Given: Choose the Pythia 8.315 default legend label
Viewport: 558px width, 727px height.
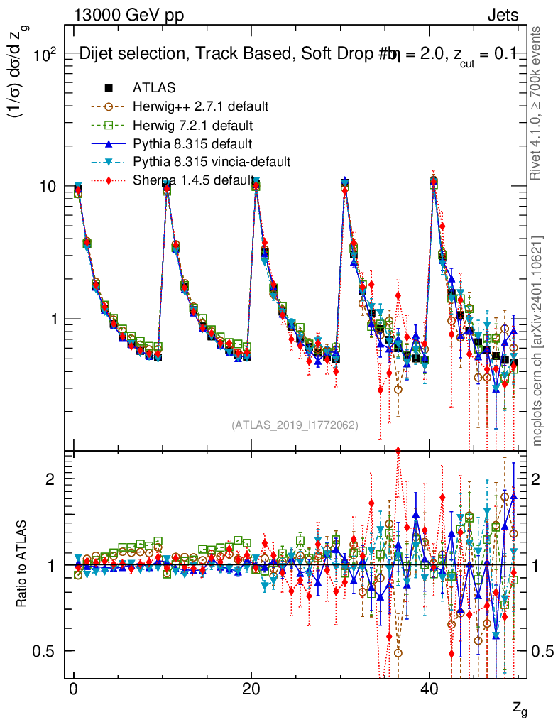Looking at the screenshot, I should pyautogui.click(x=192, y=144).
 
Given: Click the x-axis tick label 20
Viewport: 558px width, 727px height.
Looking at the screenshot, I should pyautogui.click(x=251, y=690).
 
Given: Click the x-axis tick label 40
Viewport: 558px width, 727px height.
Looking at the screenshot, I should pyautogui.click(x=428, y=690).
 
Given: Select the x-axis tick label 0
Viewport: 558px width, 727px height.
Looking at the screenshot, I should pyautogui.click(x=73, y=690).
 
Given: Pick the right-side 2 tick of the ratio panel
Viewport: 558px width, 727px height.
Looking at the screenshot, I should pyautogui.click(x=537, y=479).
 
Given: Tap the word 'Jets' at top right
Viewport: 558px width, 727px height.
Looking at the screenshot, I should pyautogui.click(x=503, y=15).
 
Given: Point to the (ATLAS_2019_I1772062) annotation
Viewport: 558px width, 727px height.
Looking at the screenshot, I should pyautogui.click(x=295, y=425).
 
